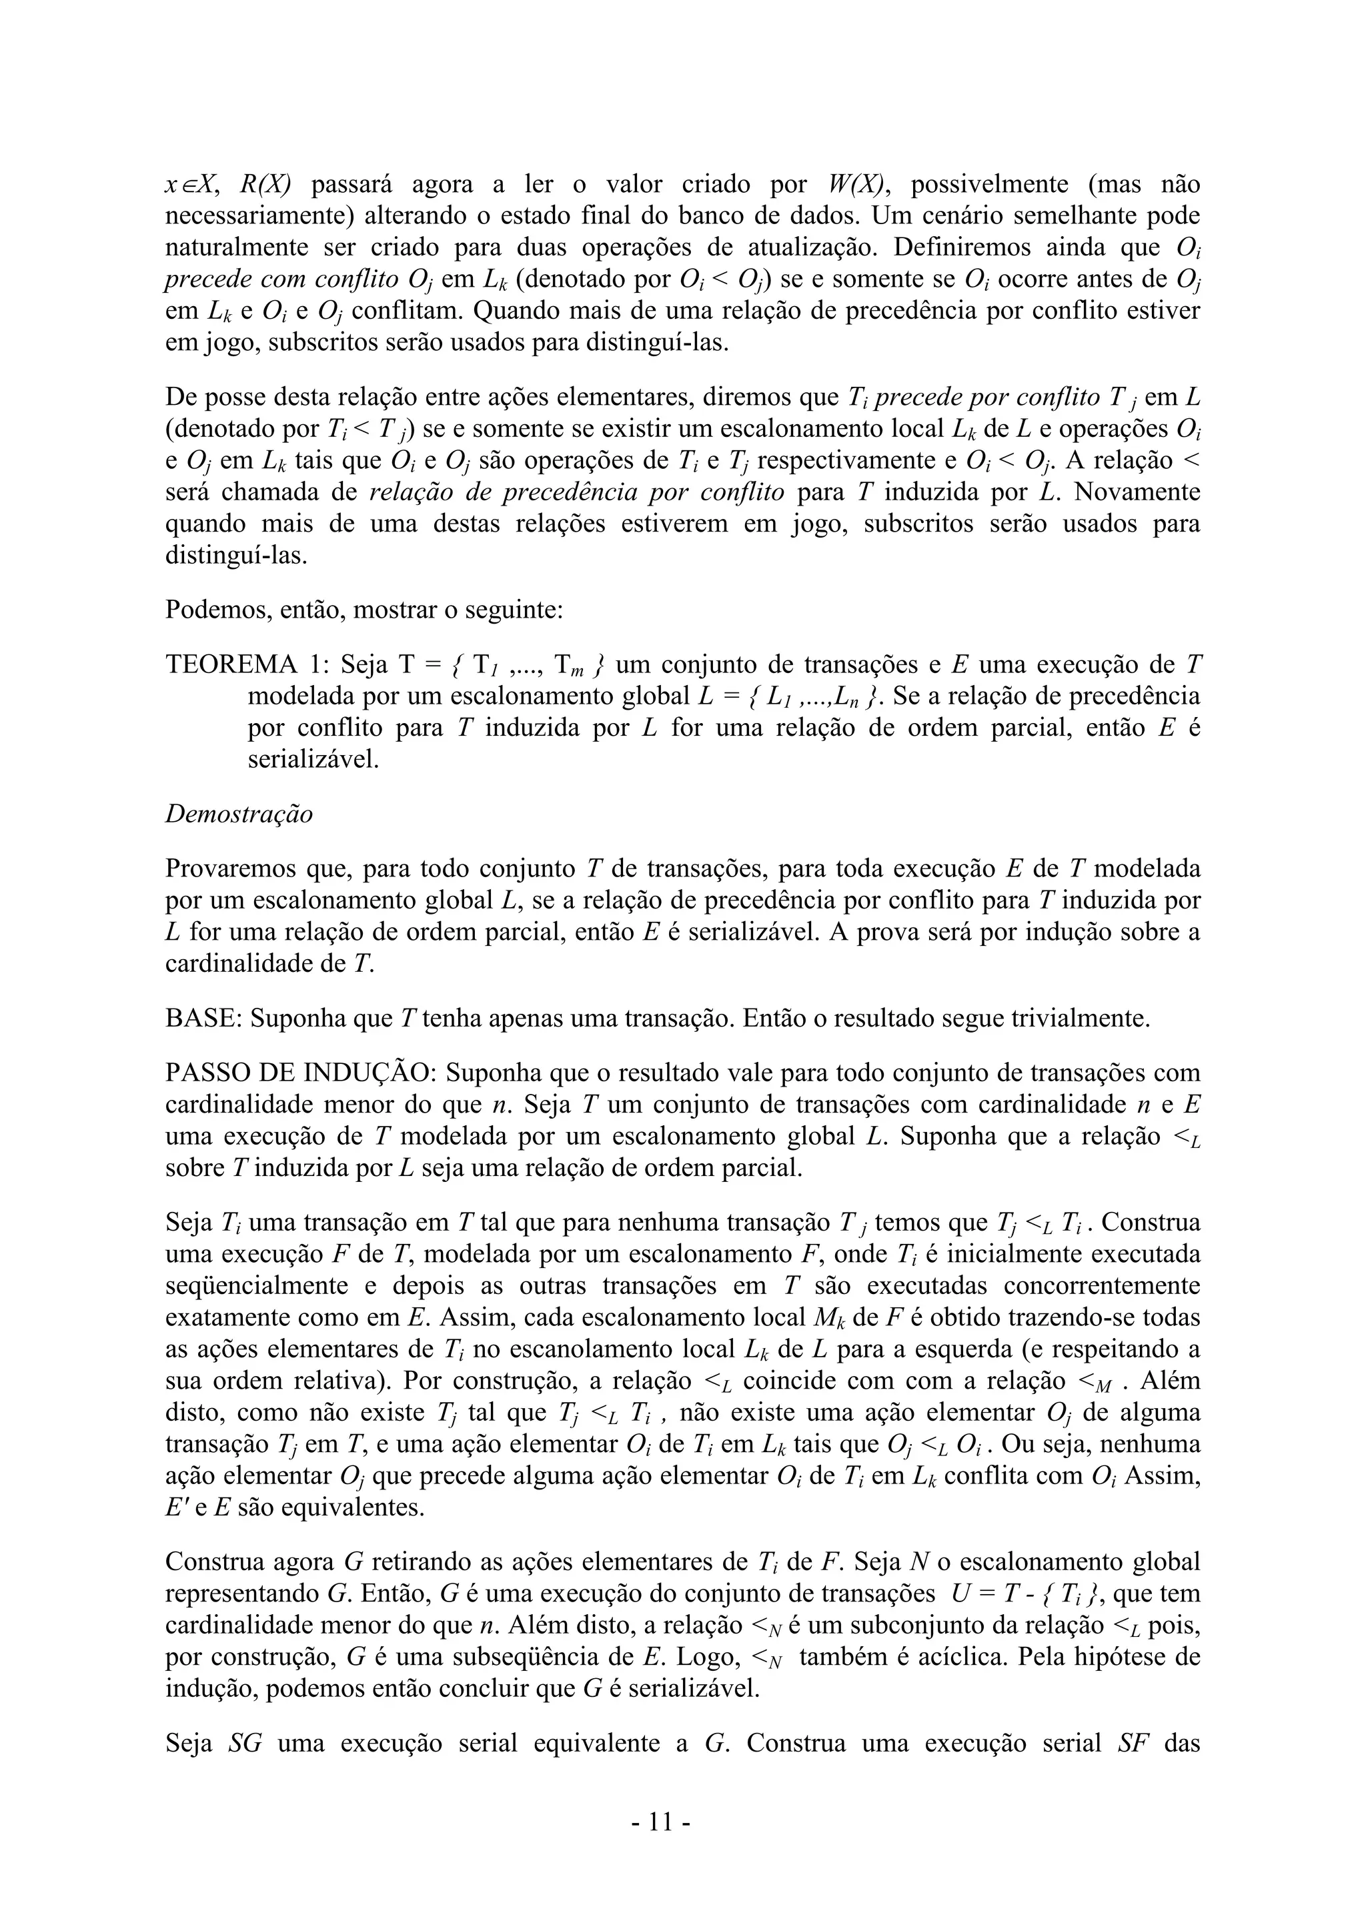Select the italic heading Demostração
pos(239,814)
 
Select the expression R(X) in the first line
pos(266,184)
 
